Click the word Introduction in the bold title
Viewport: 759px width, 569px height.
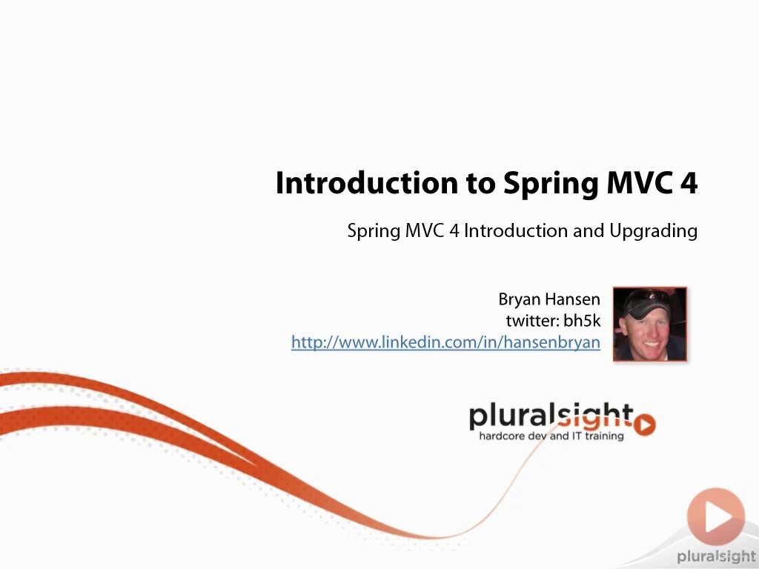pos(366,183)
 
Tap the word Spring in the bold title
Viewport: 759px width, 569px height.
pos(551,184)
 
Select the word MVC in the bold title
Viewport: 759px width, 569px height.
pos(640,183)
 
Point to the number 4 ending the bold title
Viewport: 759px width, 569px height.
pos(689,183)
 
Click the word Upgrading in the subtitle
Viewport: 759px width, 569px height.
pos(653,231)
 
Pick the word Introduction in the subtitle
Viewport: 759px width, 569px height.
pos(516,230)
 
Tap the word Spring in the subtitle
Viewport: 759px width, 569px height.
pos(374,231)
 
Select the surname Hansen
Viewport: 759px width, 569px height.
pos(572,299)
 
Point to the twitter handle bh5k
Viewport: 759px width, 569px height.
pos(583,321)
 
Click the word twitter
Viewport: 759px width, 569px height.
pos(532,321)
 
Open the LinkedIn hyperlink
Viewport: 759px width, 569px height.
pos(445,342)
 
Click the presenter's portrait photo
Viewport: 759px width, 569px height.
pos(650,325)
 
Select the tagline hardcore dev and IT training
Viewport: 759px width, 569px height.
pos(551,436)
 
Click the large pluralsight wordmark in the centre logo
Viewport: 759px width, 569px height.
pos(551,417)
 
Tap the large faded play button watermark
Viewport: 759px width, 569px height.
pos(716,516)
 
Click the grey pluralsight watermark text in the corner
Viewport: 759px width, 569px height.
pos(717,556)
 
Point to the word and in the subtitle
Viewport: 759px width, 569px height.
pos(588,230)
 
